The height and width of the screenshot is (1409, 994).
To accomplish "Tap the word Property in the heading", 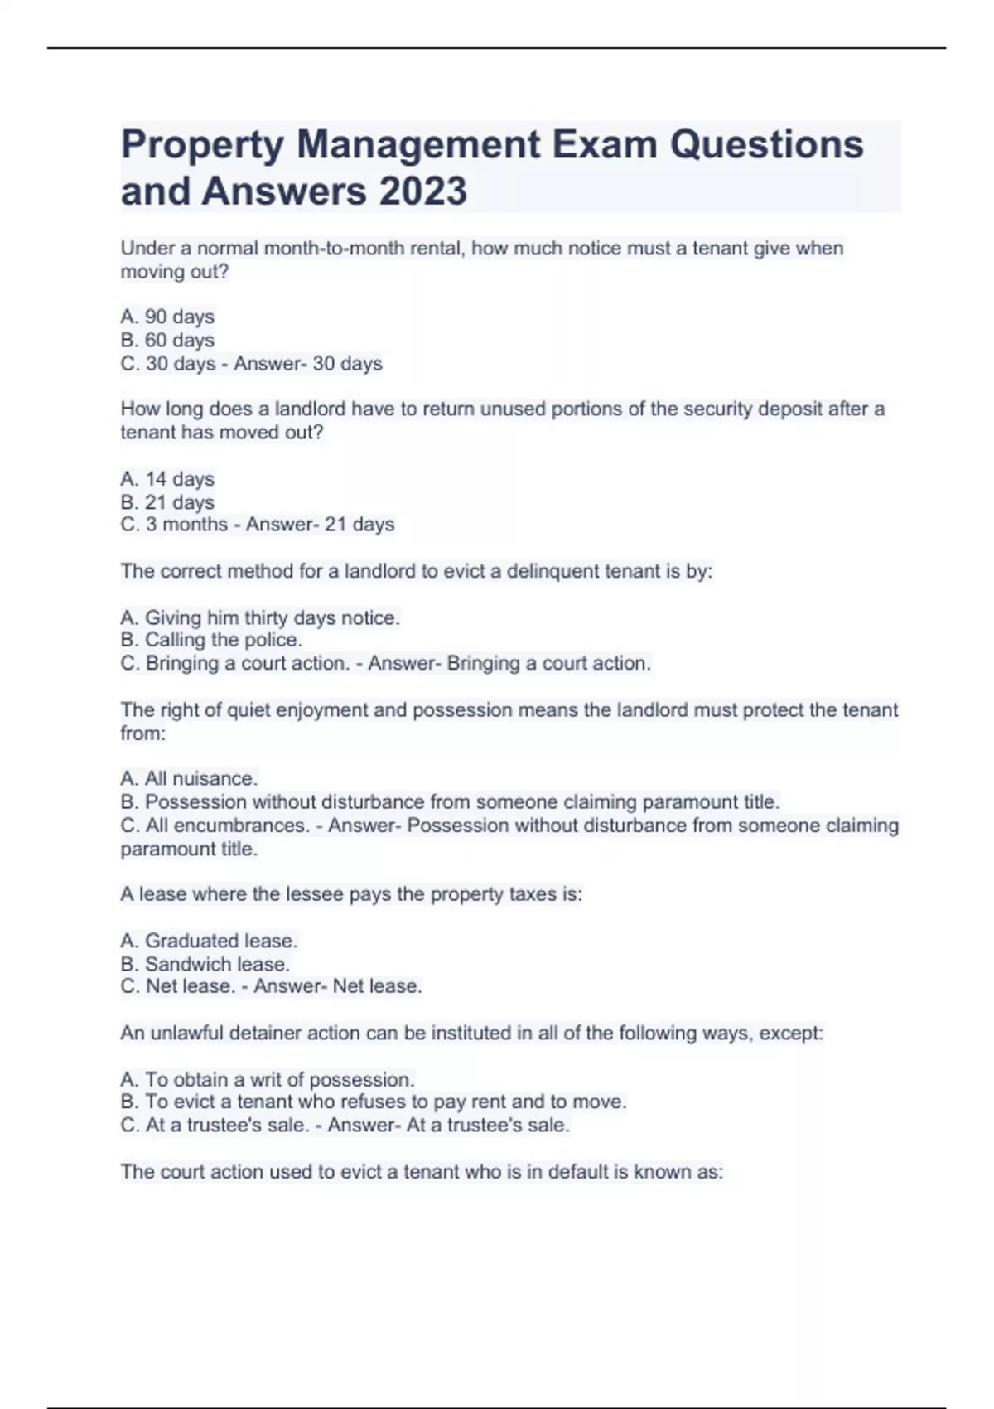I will pos(202,145).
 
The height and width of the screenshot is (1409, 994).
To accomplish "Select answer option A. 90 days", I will pos(167,317).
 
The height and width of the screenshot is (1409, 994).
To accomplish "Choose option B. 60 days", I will pos(167,340).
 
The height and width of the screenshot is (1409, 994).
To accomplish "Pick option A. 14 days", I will pos(167,479).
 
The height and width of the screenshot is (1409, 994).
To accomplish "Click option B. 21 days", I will pos(167,502).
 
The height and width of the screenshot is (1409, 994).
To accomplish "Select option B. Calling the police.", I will pos(211,640).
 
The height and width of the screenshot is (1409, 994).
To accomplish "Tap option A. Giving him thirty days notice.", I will pos(260,617).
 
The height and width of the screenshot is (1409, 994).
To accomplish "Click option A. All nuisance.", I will pos(189,778).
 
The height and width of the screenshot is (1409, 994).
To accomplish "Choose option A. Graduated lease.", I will pos(209,941).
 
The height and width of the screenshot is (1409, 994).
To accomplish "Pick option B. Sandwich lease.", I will pos(205,964).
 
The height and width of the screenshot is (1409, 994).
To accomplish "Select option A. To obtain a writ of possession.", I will pos(267,1079).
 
